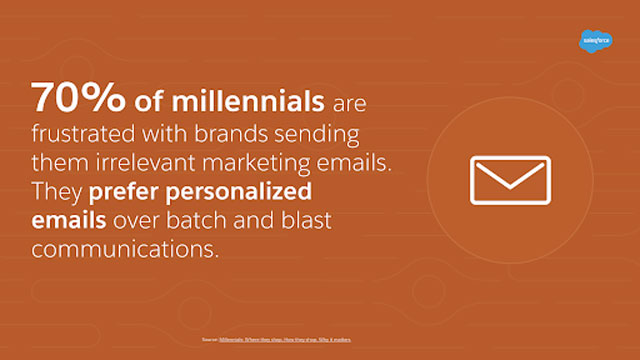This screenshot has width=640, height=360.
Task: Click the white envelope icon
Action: pos(510,180)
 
